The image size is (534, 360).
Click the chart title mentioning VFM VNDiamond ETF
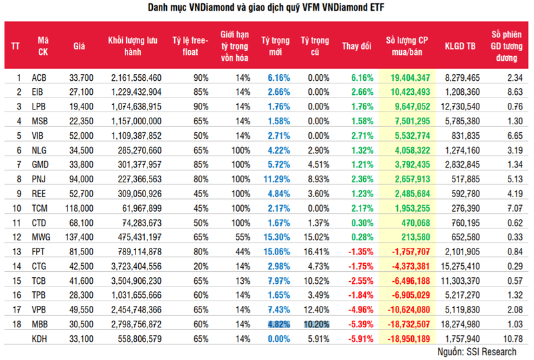pyautogui.click(x=267, y=8)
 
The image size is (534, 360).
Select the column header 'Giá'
pyautogui.click(x=79, y=46)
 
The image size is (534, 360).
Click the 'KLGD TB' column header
pyautogui.click(x=460, y=46)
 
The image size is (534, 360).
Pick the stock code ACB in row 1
pyautogui.click(x=39, y=78)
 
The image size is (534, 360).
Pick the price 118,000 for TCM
pyautogui.click(x=79, y=208)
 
